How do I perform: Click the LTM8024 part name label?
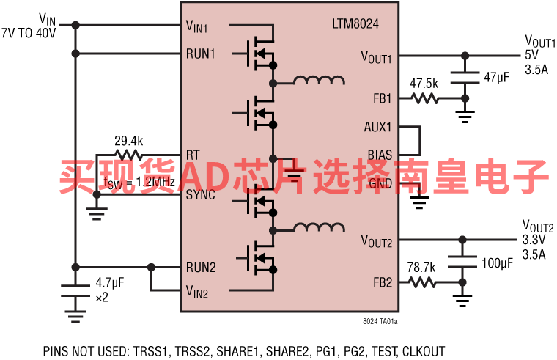(x=355, y=24)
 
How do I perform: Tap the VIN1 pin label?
(x=197, y=28)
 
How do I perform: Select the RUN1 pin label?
(x=201, y=54)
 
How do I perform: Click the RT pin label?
(x=193, y=155)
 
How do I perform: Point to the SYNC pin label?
(x=201, y=195)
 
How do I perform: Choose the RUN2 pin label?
(x=201, y=267)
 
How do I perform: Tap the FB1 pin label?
(x=382, y=98)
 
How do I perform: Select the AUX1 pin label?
(x=378, y=126)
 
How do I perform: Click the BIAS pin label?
(x=380, y=155)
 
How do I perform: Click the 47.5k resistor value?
(x=424, y=83)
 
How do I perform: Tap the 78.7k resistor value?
(x=422, y=266)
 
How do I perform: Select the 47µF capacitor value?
(x=496, y=77)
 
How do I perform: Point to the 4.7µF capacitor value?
(x=111, y=282)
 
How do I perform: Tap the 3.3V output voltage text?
(x=534, y=240)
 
